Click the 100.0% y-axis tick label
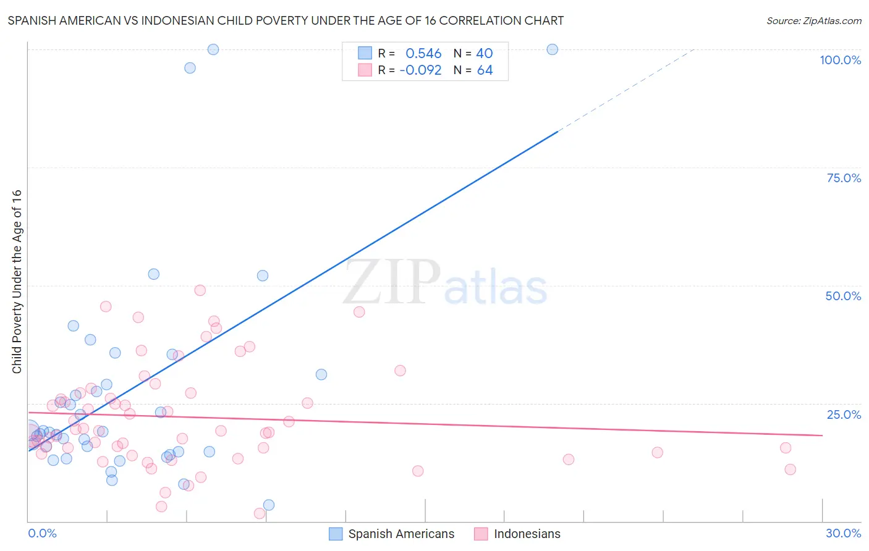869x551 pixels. [840, 60]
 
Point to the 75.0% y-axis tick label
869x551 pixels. [844, 178]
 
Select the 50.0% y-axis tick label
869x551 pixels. [843, 296]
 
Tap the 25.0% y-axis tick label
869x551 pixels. [844, 414]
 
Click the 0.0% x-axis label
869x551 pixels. [42, 533]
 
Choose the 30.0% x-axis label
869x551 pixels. [843, 533]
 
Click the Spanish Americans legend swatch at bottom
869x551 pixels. [336, 534]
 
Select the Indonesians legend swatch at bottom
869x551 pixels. [481, 534]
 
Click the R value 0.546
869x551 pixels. [423, 54]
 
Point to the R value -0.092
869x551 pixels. [420, 70]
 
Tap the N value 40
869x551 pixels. [484, 54]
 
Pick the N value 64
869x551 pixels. [485, 70]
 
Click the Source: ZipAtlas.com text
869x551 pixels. [813, 21]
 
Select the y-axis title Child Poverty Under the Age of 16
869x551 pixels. [17, 281]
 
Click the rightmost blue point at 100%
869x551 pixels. [553, 49]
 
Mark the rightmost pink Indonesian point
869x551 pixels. [790, 469]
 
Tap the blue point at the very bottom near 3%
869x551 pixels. [269, 505]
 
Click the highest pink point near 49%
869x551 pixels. [200, 290]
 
